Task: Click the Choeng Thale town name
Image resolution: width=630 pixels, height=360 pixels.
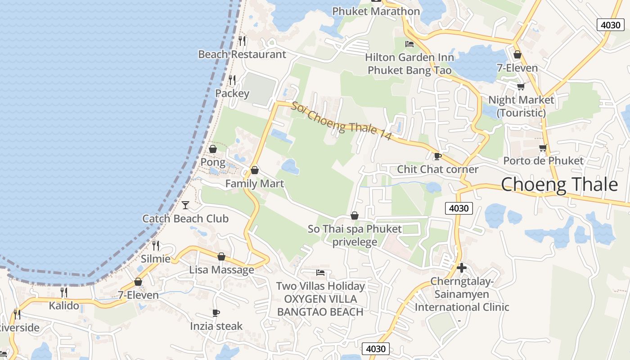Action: point(559,184)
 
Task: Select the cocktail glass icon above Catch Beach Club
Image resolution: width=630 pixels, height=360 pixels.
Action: point(185,205)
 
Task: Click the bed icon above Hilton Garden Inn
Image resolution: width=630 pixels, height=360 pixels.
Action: point(409,44)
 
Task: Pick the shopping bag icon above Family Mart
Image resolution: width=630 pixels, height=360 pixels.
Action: point(255,170)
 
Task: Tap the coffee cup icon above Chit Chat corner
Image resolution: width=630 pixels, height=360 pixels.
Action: point(437,156)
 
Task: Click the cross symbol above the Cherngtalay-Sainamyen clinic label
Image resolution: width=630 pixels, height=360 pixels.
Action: point(461,268)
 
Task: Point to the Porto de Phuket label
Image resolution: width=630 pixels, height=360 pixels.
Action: point(543,161)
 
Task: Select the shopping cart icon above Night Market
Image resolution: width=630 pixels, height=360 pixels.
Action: point(521,86)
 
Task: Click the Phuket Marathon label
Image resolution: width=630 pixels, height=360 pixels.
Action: point(376,11)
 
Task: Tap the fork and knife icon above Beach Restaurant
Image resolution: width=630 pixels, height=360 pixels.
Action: point(242,41)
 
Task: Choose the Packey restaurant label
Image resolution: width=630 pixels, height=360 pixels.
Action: point(232,94)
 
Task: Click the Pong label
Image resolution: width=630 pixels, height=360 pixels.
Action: point(213,162)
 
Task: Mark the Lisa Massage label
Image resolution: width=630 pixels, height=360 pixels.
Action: point(221,270)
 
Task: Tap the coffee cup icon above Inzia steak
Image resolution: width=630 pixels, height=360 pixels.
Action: point(216,313)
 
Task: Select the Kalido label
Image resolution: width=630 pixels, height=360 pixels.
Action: point(64,306)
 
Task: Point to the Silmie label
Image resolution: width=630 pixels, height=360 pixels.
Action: point(156,259)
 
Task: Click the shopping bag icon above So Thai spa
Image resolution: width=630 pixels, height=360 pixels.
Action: point(355,216)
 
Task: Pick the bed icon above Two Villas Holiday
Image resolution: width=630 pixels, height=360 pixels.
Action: point(320,273)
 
